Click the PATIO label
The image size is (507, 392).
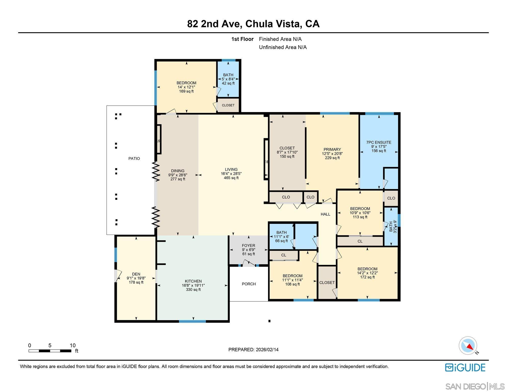coord(134,158)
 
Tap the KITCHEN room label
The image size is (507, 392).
coord(193,281)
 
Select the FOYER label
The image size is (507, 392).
coord(248,246)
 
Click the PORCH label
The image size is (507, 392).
coord(249,284)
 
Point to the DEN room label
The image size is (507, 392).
coord(136,274)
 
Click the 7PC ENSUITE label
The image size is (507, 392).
coord(379,142)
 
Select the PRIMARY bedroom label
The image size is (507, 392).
coord(332,150)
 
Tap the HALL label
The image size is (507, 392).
coord(325,214)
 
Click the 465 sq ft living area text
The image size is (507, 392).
coord(231,178)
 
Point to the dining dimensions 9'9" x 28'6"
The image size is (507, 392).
coord(178,175)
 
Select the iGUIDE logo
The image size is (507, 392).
coord(465,367)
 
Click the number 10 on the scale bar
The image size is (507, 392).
coord(72,346)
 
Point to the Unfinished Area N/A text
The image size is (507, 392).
coord(283,47)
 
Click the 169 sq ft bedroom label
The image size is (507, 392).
coord(186,91)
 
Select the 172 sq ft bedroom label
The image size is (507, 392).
coord(367,277)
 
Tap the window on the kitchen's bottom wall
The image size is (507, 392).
coord(192,321)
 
